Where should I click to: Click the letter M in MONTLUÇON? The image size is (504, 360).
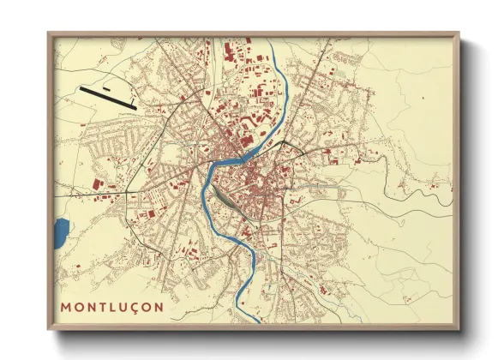(x=65, y=306)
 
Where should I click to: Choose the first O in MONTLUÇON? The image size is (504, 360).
(x=79, y=306)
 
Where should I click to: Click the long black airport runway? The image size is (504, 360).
(x=107, y=97)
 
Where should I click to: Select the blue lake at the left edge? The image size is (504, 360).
(x=60, y=233)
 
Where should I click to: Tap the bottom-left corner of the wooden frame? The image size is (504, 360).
(x=49, y=329)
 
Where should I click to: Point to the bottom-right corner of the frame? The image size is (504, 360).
(x=459, y=329)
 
